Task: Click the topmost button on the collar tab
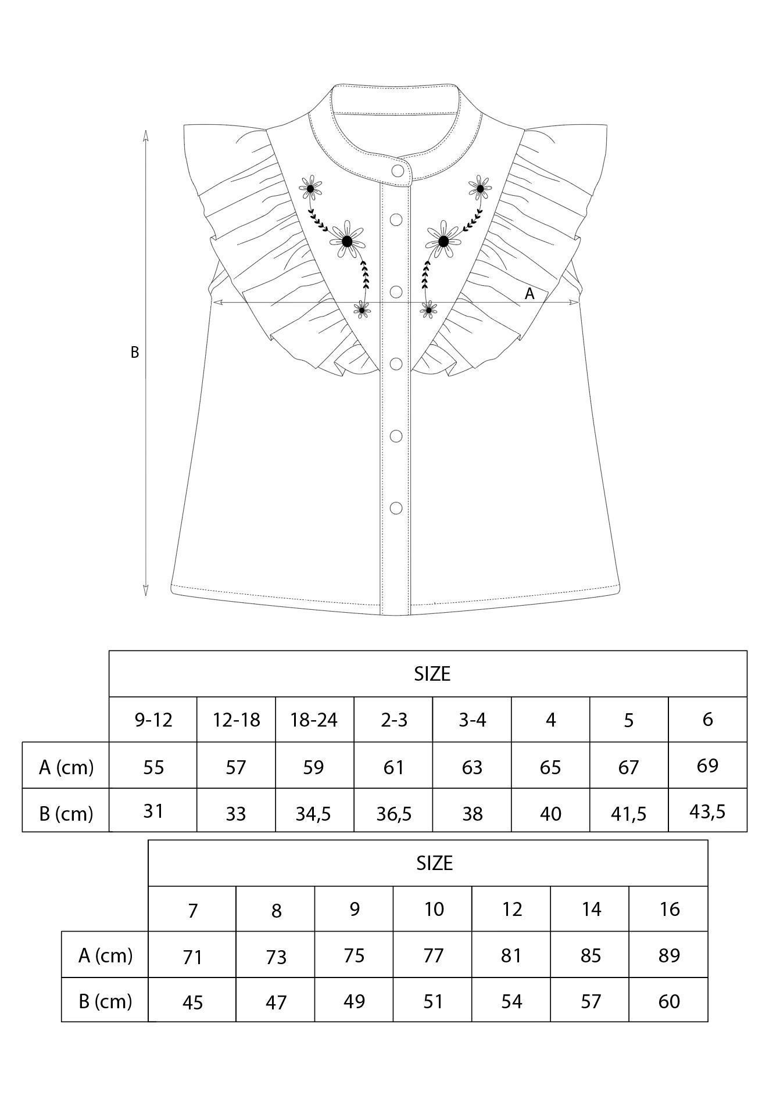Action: [x=398, y=171]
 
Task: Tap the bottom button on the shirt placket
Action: [x=396, y=508]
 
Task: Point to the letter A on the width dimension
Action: [x=529, y=294]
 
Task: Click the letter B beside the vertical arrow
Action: [x=134, y=353]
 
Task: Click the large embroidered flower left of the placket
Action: [x=347, y=241]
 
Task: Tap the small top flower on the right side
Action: [x=480, y=188]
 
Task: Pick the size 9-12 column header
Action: [x=153, y=720]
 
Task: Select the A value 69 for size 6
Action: [x=707, y=765]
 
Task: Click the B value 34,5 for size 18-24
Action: [x=313, y=813]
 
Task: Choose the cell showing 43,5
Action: [x=707, y=811]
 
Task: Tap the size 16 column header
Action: [x=670, y=909]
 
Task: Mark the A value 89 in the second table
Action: [x=670, y=955]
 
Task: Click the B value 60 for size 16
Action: [x=670, y=1001]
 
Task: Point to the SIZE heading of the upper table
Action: [x=432, y=674]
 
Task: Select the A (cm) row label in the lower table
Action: [x=105, y=955]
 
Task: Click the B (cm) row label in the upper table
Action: [x=66, y=813]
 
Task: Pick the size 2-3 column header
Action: [x=394, y=720]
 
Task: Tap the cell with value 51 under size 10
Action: [x=433, y=1001]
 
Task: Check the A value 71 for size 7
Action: [x=192, y=956]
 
